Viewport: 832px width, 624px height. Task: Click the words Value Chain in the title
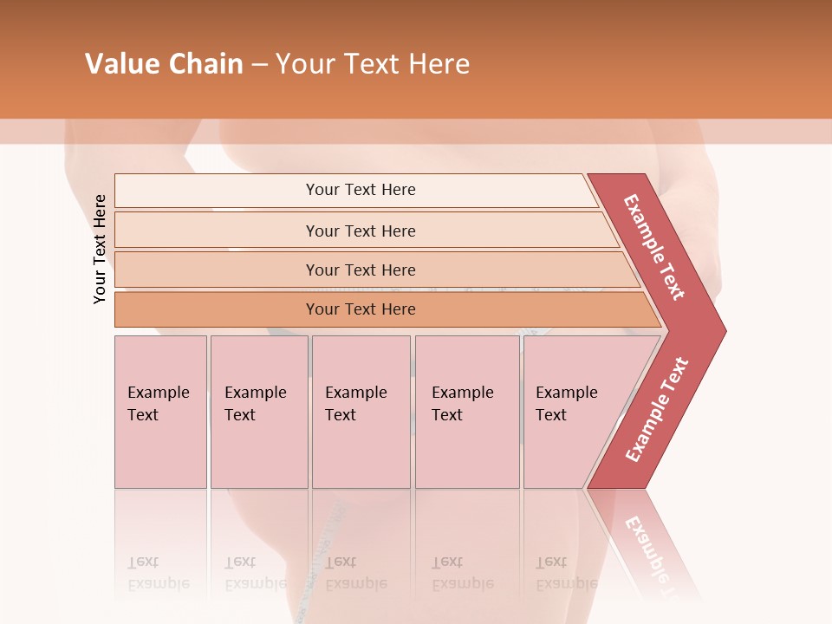click(x=164, y=64)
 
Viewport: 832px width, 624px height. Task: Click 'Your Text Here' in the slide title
click(x=373, y=64)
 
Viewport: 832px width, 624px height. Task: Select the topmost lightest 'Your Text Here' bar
click(x=360, y=190)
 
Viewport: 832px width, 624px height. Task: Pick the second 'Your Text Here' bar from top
click(x=360, y=231)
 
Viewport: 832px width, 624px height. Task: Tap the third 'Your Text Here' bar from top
click(x=360, y=270)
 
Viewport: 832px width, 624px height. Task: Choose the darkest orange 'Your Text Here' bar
click(x=360, y=309)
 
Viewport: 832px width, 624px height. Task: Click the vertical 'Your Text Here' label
click(x=100, y=249)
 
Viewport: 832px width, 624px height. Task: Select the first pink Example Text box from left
click(x=160, y=411)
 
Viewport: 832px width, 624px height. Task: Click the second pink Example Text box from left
click(x=258, y=411)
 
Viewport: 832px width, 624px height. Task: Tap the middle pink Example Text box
click(x=361, y=411)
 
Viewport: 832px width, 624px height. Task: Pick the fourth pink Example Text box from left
click(x=466, y=411)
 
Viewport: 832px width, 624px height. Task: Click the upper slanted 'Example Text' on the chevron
click(x=654, y=247)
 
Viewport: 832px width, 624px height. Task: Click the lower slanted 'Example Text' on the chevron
click(x=657, y=410)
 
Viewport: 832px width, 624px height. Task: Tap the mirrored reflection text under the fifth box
click(x=566, y=573)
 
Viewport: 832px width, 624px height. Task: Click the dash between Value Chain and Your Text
click(x=258, y=65)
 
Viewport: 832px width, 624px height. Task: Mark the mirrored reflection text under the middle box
click(x=355, y=573)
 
